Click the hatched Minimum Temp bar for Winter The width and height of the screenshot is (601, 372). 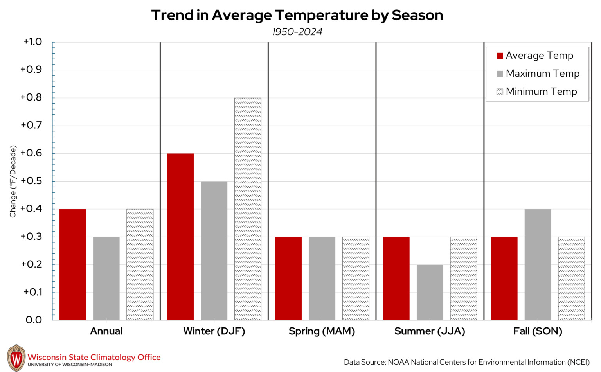[248, 209]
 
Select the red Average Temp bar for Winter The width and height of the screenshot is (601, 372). [180, 237]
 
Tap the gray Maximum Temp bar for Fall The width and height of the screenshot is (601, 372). [538, 264]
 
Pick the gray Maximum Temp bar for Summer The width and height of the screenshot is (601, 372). [430, 292]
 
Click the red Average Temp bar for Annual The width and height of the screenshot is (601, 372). [72, 264]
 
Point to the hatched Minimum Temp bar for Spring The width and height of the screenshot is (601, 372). [355, 279]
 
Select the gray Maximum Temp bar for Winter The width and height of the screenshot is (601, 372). [214, 251]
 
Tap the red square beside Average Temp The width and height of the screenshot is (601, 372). [500, 56]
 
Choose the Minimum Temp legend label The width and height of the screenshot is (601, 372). [541, 92]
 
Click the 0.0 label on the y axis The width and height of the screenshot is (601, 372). [34, 320]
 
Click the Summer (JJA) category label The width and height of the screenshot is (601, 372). [430, 331]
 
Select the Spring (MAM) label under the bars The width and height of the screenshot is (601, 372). [322, 331]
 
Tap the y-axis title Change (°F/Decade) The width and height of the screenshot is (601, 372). [13, 182]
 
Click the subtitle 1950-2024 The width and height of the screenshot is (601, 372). [297, 32]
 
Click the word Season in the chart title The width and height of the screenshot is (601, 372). [417, 15]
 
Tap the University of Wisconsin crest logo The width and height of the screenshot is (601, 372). [16, 358]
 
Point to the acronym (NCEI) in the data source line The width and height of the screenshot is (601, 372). [578, 362]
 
